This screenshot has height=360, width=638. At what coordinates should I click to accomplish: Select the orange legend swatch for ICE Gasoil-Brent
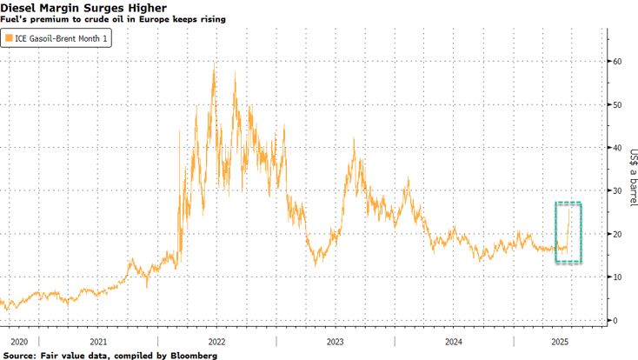point(10,38)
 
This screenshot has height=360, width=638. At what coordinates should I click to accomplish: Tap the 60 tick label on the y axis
point(616,62)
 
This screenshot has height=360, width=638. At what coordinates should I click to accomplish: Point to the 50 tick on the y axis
point(616,104)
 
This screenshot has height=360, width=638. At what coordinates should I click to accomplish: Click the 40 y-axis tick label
point(616,148)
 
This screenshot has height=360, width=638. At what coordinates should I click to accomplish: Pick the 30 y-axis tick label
point(616,191)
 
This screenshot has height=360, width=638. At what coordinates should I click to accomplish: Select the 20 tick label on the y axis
point(616,234)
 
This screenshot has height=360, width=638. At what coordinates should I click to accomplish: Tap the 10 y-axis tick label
point(616,277)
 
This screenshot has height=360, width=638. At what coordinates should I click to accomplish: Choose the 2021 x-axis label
point(98,342)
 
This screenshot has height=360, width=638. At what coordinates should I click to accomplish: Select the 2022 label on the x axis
point(216,342)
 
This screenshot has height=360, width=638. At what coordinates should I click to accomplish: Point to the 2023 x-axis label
point(335,342)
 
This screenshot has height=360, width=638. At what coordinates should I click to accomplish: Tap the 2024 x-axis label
point(454,342)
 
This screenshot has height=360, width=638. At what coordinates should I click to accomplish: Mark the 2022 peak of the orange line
point(214,63)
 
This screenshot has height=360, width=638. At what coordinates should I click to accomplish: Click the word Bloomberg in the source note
point(189,355)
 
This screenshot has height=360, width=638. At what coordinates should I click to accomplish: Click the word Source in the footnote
point(20,355)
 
